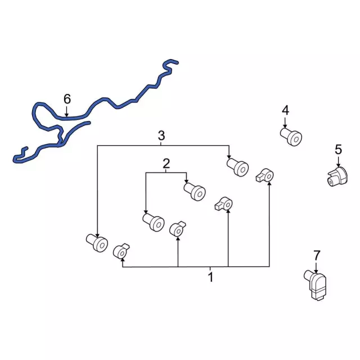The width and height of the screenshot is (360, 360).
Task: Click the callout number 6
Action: pyautogui.click(x=67, y=99)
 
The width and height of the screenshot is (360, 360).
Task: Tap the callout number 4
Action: pyautogui.click(x=285, y=110)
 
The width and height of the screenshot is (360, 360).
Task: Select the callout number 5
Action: pyautogui.click(x=338, y=150)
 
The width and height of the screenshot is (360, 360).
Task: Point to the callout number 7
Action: pyautogui.click(x=317, y=255)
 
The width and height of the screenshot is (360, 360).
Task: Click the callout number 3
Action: pyautogui.click(x=161, y=136)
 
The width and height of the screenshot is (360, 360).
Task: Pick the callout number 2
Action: pyautogui.click(x=166, y=164)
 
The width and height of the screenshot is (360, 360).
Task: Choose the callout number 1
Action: pyautogui.click(x=210, y=277)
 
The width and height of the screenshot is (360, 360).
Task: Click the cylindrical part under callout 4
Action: pyautogui.click(x=291, y=137)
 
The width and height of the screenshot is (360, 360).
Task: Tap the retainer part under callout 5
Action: pyautogui.click(x=337, y=177)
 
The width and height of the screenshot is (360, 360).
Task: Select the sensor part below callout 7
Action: pyautogui.click(x=316, y=285)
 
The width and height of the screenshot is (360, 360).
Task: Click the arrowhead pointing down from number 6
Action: pyautogui.click(x=66, y=115)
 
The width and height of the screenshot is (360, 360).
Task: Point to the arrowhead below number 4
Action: pyautogui.click(x=285, y=126)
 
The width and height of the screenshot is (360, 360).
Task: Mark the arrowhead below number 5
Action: pyautogui.click(x=338, y=165)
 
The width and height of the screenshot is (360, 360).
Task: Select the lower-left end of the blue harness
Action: pyautogui.click(x=15, y=160)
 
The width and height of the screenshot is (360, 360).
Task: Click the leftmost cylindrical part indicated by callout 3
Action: pyautogui.click(x=97, y=242)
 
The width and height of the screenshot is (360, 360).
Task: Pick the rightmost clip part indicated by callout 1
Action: pyautogui.click(x=265, y=175)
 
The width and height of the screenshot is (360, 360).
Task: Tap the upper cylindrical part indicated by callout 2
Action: pyautogui.click(x=195, y=192)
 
